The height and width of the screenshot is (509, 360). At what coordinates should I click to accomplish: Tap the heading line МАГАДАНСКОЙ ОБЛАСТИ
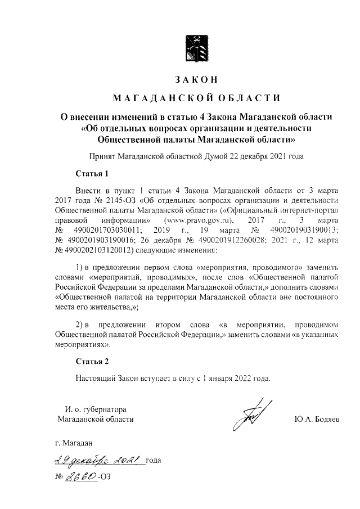196,99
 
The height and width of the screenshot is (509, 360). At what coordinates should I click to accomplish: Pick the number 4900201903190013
304,231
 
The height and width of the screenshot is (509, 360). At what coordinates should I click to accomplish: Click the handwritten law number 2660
82,478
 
